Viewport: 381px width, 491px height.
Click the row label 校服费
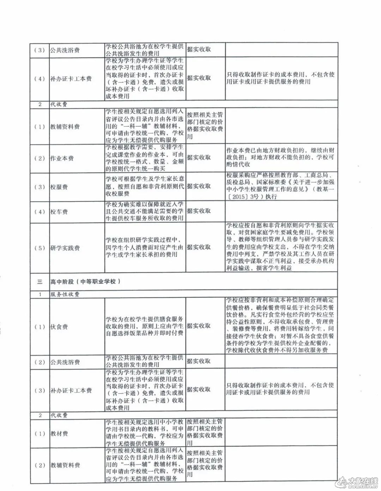point(59,187)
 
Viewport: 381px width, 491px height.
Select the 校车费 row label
point(59,212)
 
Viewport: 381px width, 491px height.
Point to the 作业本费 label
point(62,158)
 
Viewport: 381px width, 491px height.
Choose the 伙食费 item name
point(59,327)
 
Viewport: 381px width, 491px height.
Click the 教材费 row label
point(59,434)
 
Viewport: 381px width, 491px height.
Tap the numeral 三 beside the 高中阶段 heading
point(40,281)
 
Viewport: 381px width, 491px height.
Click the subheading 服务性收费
point(65,294)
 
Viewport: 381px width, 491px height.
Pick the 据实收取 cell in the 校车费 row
point(199,211)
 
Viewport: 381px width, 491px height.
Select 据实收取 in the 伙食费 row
point(199,326)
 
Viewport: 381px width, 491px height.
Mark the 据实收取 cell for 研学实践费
point(199,247)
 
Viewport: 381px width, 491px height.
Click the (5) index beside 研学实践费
point(40,248)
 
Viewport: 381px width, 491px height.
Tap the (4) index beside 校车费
point(40,212)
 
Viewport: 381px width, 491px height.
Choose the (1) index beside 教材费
point(40,434)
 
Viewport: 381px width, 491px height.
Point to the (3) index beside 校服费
point(40,187)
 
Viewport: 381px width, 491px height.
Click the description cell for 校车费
point(145,211)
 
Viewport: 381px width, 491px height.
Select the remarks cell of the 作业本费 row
point(280,157)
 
